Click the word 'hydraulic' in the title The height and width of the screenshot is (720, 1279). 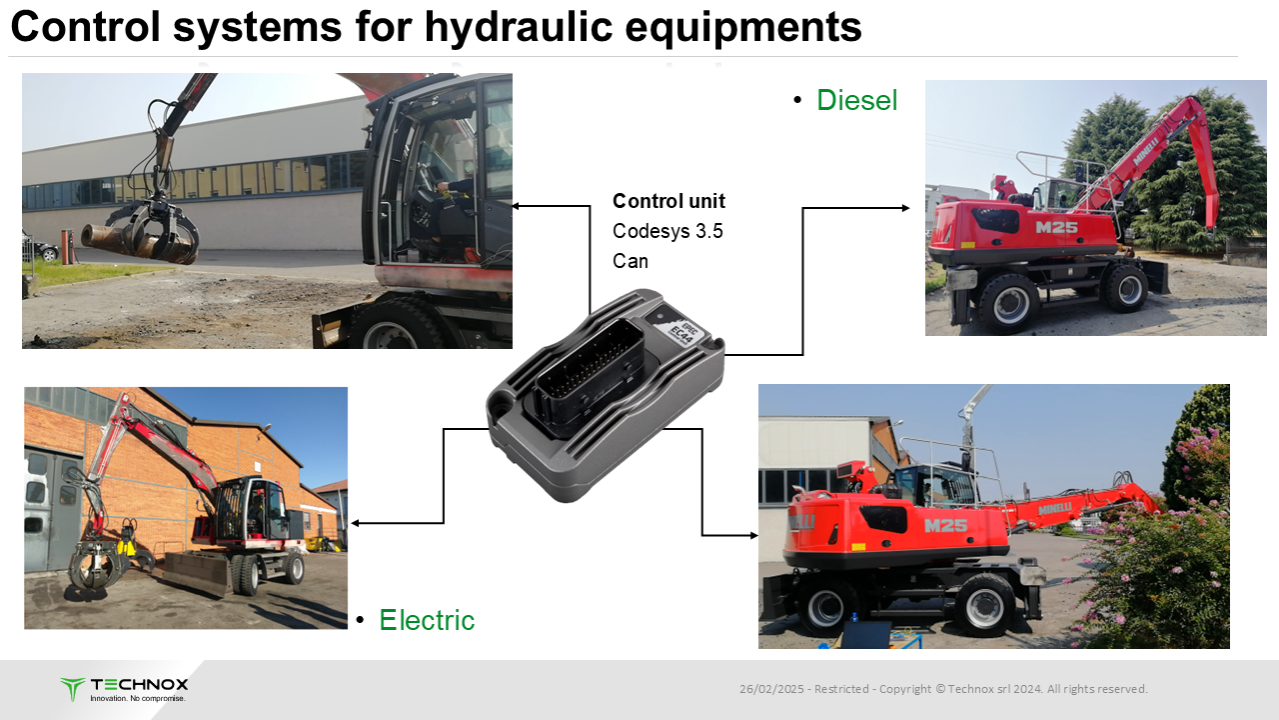pyautogui.click(x=519, y=27)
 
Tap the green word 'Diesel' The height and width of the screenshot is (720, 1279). pyautogui.click(x=857, y=100)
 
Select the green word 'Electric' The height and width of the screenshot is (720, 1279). pyautogui.click(x=427, y=620)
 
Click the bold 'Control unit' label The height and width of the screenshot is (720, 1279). pyautogui.click(x=668, y=201)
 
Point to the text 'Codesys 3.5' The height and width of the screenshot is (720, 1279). pyautogui.click(x=667, y=231)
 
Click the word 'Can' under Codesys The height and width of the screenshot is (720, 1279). pyautogui.click(x=631, y=261)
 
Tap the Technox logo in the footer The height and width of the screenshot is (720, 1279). pyautogui.click(x=124, y=689)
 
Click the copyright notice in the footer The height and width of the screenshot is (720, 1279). pyautogui.click(x=943, y=689)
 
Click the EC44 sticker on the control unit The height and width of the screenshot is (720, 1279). pyautogui.click(x=682, y=331)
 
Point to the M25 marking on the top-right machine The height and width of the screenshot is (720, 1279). pyautogui.click(x=1056, y=227)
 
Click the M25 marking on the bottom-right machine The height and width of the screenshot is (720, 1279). pyautogui.click(x=945, y=525)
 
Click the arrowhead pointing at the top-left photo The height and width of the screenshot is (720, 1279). pyautogui.click(x=516, y=206)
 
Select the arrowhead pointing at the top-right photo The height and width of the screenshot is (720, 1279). pyautogui.click(x=905, y=208)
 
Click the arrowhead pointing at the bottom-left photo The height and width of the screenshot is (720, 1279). pyautogui.click(x=355, y=523)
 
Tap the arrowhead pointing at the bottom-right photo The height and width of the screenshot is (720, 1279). pyautogui.click(x=753, y=535)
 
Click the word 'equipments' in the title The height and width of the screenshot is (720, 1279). pyautogui.click(x=743, y=27)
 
